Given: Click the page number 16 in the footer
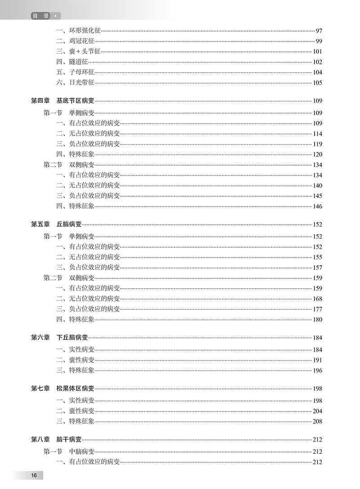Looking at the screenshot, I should [34, 476].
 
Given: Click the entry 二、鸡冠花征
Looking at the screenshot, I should [75, 41].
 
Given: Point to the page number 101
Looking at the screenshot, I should [318, 51].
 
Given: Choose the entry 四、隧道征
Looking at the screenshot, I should [72, 62].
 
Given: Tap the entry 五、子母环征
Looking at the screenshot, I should [75, 72].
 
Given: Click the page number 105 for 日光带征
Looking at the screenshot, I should [318, 82].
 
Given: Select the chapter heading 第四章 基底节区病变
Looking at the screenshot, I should [63, 100].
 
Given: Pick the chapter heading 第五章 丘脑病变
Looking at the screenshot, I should [56, 224].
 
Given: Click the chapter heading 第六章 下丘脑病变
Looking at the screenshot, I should [59, 338].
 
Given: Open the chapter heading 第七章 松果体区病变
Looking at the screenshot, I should [63, 389].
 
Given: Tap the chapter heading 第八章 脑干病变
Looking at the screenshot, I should [56, 439].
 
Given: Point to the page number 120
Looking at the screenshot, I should [318, 154].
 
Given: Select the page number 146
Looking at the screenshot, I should [318, 207].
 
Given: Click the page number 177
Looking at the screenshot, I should [318, 309].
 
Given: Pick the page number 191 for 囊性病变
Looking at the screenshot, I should [318, 360].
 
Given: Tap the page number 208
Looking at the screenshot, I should [318, 421].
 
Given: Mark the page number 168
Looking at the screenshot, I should [318, 299].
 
